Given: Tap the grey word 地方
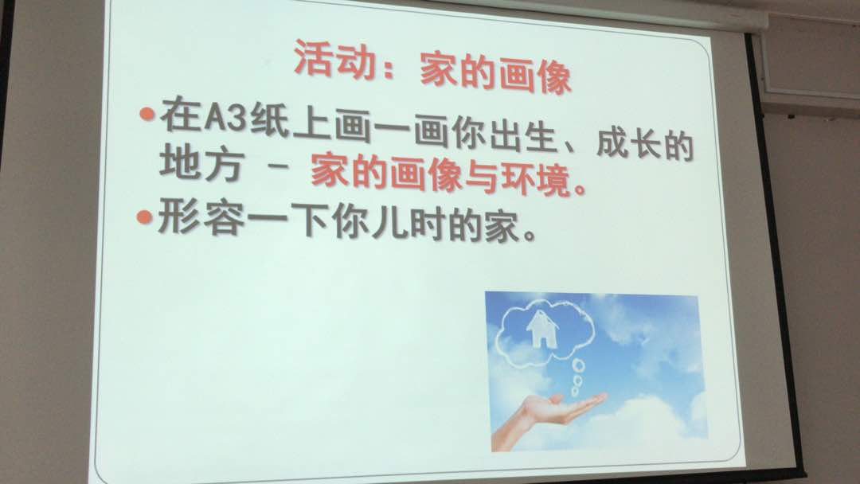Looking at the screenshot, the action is [201, 163].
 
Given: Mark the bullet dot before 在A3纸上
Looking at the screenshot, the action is [147, 115].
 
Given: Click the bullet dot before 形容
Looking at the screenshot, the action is [144, 217].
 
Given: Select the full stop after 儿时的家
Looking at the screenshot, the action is [529, 236].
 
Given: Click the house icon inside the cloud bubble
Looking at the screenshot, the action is [542, 329].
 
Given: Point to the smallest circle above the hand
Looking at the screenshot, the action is [575, 392].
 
